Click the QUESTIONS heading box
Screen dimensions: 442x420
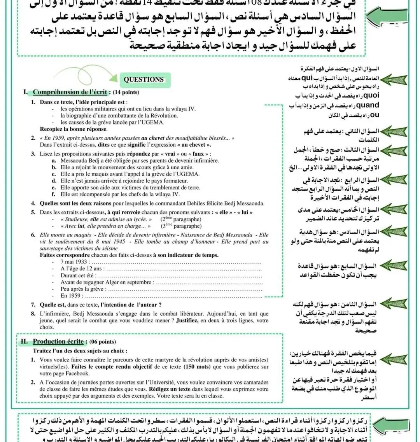143,79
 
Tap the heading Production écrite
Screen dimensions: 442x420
58,342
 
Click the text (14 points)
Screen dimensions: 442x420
126,93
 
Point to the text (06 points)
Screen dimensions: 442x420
103,342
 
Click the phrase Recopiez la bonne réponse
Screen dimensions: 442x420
73,129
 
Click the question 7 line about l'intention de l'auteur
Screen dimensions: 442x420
101,305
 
